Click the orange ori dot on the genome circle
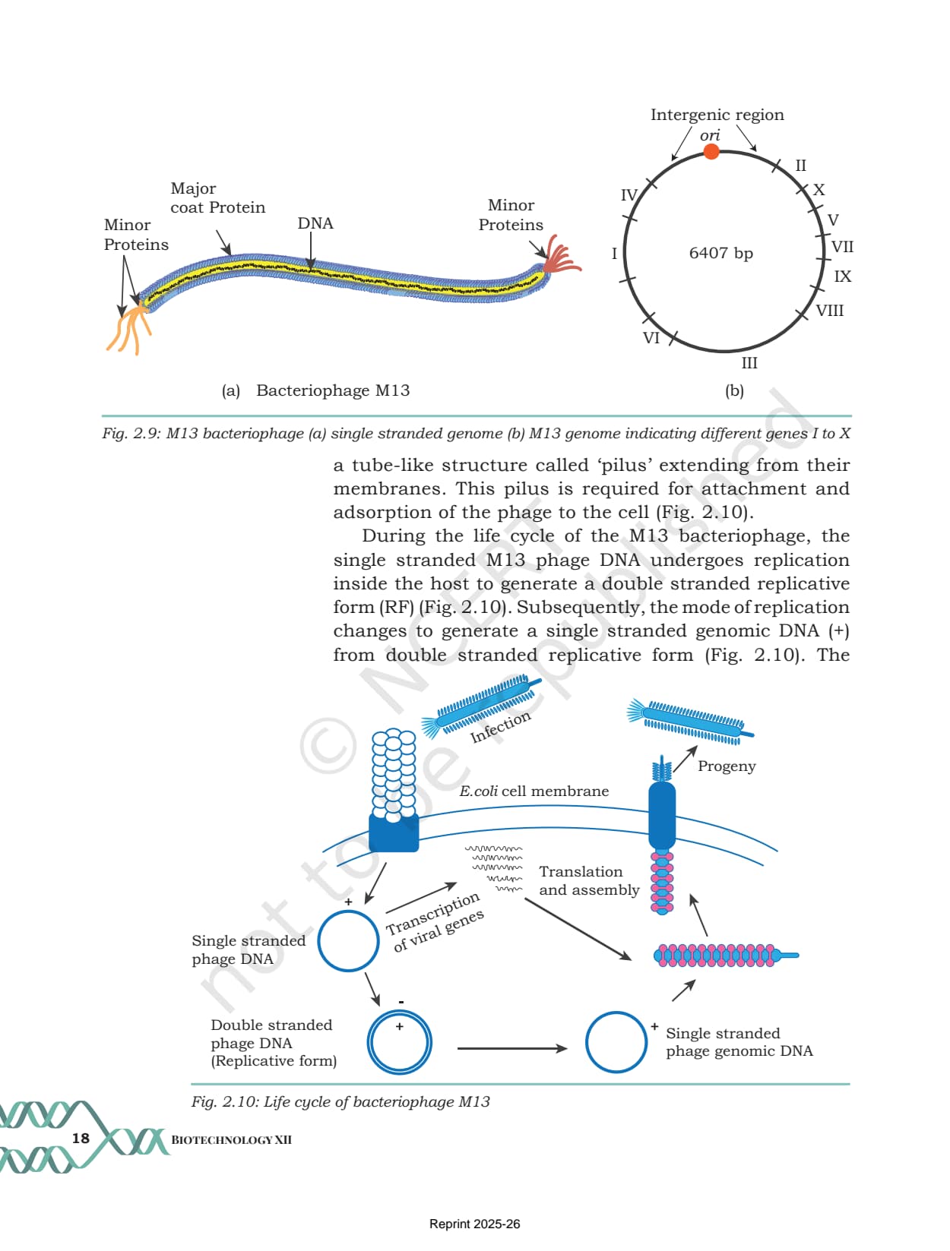click(x=711, y=152)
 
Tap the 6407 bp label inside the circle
click(x=720, y=252)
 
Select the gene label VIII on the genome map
click(x=829, y=311)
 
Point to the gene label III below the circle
click(x=749, y=363)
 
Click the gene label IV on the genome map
click(x=629, y=195)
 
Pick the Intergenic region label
click(x=717, y=115)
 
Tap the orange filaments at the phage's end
click(x=129, y=330)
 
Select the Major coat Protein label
click(x=218, y=197)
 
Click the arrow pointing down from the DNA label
click(x=311, y=251)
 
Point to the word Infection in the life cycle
click(x=500, y=727)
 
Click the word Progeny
click(x=727, y=766)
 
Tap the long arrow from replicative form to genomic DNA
click(x=512, y=1048)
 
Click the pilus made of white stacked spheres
click(x=394, y=775)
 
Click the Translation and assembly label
click(x=589, y=880)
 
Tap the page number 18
click(x=81, y=1138)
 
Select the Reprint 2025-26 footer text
click(x=474, y=1224)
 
